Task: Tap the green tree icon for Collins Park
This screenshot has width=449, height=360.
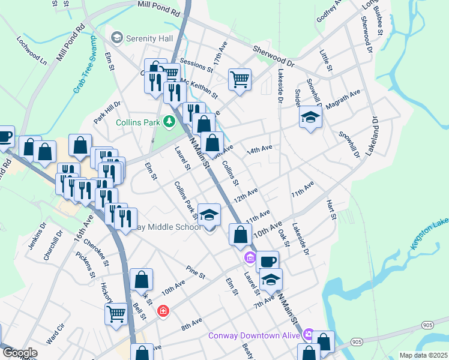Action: (x=170, y=122)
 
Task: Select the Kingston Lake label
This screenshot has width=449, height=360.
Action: (x=428, y=236)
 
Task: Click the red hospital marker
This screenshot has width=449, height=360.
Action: (x=163, y=311)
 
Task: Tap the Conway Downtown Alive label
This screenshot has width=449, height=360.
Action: (x=255, y=335)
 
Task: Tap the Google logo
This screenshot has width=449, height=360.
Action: (x=20, y=353)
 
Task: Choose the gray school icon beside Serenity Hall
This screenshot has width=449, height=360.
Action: (x=116, y=38)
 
